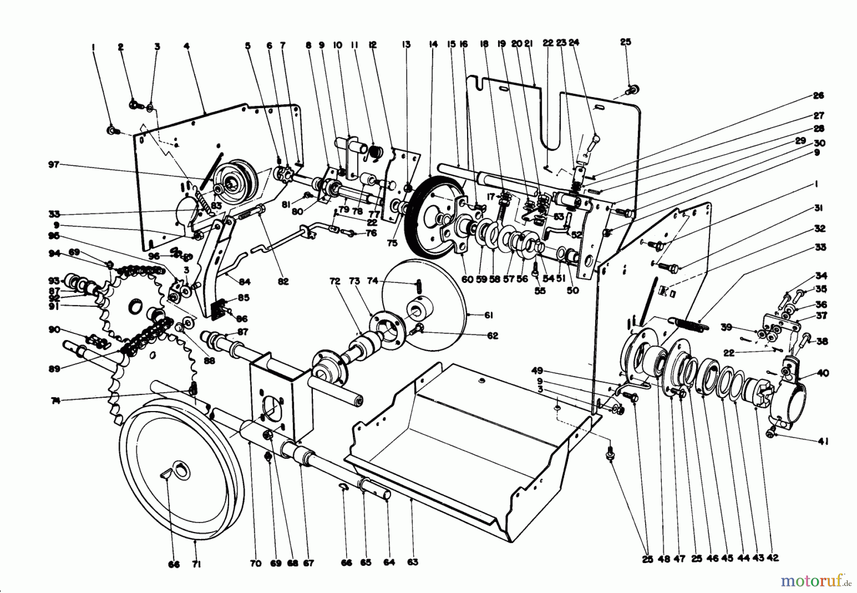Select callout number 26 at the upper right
818,96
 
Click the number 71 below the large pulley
196,564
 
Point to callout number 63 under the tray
412,563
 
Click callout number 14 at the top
433,45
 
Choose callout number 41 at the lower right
823,442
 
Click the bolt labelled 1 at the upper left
111,130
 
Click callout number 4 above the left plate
187,47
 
